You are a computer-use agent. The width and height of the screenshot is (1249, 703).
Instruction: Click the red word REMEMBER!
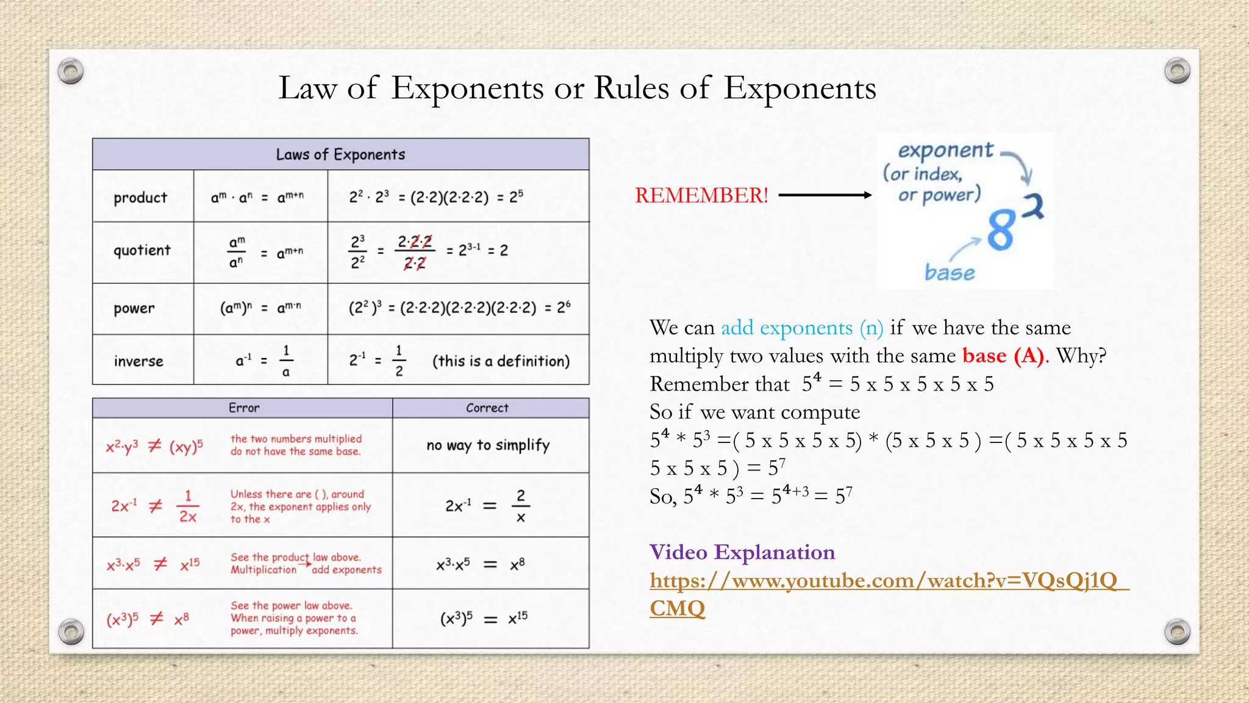[x=701, y=195]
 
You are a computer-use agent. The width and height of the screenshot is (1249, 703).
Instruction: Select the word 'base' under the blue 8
[x=950, y=272]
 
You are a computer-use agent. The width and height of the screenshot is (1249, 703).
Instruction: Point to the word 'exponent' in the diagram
[x=946, y=150]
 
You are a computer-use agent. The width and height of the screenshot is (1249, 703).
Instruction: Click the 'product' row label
[x=140, y=197]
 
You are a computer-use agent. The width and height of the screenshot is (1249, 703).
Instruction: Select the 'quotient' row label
[x=142, y=250]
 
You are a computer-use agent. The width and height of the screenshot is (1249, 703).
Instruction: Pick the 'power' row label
[x=134, y=308]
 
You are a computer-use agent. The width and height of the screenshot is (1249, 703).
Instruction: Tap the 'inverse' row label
[x=138, y=361]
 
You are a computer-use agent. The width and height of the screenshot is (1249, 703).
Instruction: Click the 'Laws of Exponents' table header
[x=340, y=154]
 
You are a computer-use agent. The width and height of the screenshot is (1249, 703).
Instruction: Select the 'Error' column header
[x=244, y=408]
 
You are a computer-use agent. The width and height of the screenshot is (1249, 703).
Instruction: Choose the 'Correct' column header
[x=487, y=408]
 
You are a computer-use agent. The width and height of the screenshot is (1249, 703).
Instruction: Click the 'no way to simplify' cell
[x=488, y=445]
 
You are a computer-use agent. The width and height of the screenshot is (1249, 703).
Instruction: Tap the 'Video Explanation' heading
[x=742, y=552]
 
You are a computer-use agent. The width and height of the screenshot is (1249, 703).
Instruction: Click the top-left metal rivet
[x=71, y=71]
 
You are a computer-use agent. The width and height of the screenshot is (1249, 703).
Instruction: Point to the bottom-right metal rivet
[x=1177, y=631]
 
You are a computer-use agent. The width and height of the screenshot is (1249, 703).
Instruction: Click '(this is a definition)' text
[x=501, y=361]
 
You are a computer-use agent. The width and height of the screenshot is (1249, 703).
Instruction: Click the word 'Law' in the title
[x=307, y=88]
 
